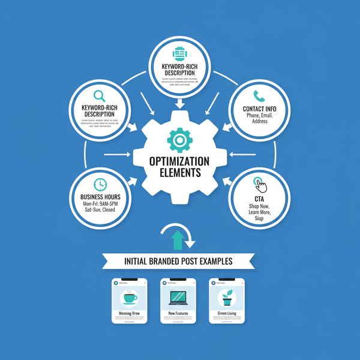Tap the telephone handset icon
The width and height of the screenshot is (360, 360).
(x=259, y=95)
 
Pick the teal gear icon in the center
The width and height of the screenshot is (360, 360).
(x=179, y=140)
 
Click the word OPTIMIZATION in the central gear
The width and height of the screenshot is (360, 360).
(x=180, y=162)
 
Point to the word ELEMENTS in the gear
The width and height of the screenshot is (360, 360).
(x=180, y=174)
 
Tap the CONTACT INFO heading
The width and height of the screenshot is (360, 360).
(x=260, y=109)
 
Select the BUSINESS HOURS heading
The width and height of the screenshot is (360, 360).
(x=100, y=197)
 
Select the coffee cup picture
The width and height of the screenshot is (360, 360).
(x=130, y=298)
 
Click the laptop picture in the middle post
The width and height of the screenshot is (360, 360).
(x=178, y=298)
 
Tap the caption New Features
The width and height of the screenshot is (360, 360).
(x=178, y=313)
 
